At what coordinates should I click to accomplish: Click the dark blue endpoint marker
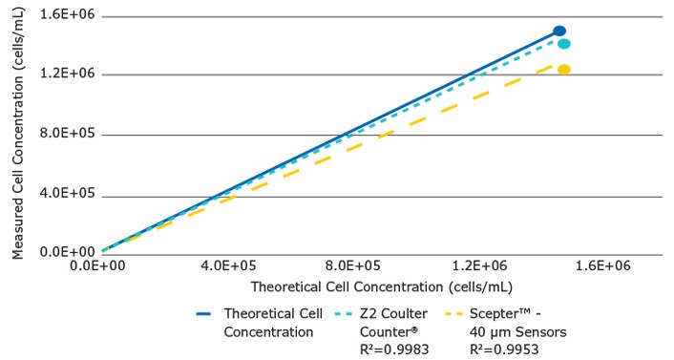coord(559,32)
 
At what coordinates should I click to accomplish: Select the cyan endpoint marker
coord(563,44)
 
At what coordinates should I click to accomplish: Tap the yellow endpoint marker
coord(563,70)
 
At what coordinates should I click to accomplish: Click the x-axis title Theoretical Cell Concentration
coord(382,286)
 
